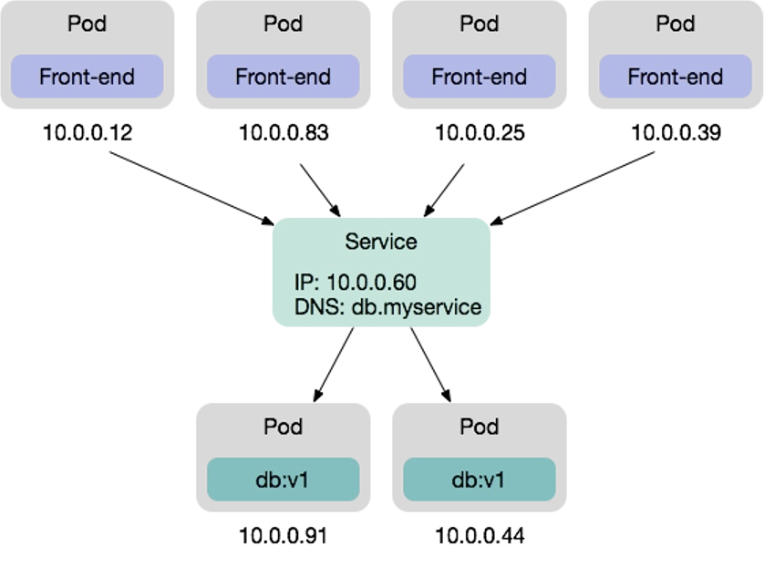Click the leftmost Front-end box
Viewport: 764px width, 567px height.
[87, 77]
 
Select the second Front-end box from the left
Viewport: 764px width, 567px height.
[283, 77]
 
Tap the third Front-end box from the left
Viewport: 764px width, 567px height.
[479, 77]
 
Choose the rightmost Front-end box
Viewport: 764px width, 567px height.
[675, 77]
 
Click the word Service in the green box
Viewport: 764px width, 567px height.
[381, 242]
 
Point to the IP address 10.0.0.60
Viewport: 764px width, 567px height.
[371, 283]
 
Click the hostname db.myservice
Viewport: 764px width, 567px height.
[416, 307]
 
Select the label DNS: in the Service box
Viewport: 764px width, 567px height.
[319, 307]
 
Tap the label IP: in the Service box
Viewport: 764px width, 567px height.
[307, 283]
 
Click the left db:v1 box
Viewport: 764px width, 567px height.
[283, 479]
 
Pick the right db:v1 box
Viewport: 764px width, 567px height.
[479, 479]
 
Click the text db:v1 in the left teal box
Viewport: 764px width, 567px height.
[283, 479]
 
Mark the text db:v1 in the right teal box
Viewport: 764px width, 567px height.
[479, 479]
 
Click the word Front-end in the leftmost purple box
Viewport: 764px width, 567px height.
[87, 77]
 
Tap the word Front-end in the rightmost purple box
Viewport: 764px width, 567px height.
[675, 77]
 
